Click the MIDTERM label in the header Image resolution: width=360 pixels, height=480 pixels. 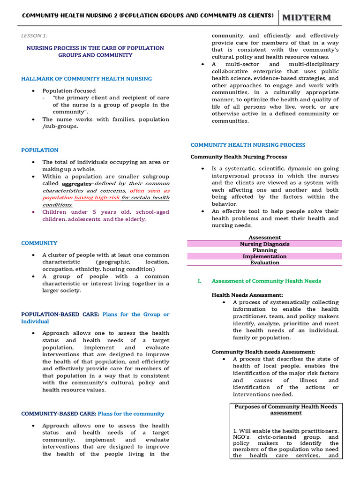pos(306,17)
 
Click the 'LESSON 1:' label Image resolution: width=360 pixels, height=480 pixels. pos(35,36)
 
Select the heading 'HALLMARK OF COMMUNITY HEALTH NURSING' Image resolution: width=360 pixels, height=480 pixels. pos(86,79)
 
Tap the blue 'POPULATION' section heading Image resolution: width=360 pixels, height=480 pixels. pos(40,150)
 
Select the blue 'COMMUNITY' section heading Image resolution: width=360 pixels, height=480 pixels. pos(39,243)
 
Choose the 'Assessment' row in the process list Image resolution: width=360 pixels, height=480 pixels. pos(264,238)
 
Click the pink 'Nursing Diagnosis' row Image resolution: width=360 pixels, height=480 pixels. pos(264,244)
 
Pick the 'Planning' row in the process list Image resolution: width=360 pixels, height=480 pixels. pos(264,250)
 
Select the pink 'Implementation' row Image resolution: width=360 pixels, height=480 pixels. pos(264,256)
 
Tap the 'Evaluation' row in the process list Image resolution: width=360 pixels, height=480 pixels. pos(264,262)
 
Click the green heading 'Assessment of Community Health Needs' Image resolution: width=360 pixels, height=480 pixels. pos(266,281)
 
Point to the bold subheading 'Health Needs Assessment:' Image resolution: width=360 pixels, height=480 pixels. pos(247,295)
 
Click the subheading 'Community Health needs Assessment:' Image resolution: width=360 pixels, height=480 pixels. pos(263,352)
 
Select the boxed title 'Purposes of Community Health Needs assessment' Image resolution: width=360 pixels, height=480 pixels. pos(285,410)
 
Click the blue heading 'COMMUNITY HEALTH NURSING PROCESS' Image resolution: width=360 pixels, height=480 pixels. pos(247,145)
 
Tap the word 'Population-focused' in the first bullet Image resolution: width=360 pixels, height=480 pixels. pos(69,90)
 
